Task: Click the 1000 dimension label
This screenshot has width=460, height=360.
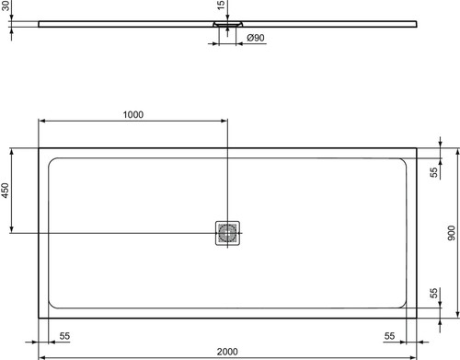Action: [x=133, y=114]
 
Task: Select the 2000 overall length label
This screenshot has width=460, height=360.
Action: [x=227, y=352]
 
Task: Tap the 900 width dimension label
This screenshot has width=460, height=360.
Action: [x=452, y=233]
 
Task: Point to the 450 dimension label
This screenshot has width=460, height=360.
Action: [x=6, y=191]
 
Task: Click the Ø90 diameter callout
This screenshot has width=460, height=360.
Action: [x=256, y=38]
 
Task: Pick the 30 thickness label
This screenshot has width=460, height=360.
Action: [x=6, y=6]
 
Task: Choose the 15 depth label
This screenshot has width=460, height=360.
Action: [x=221, y=5]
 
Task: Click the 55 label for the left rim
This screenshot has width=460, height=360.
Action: [x=64, y=336]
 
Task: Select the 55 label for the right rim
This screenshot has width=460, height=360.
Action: [x=389, y=336]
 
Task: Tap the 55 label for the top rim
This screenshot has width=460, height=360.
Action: [x=434, y=172]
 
